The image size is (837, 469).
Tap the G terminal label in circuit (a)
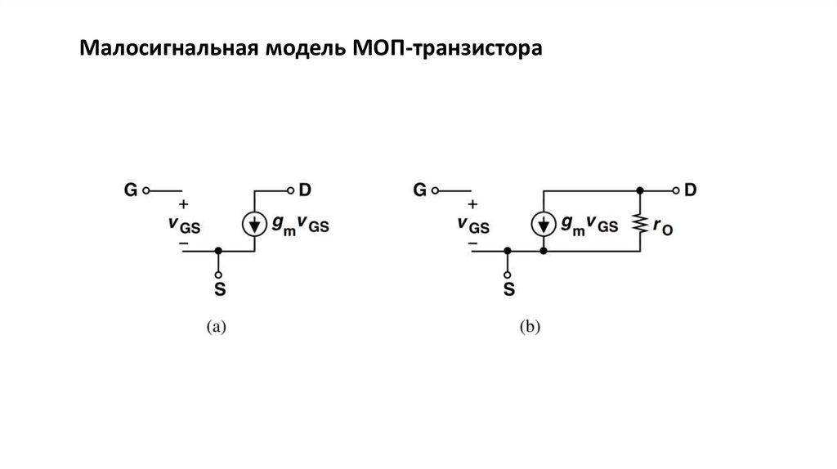(x=131, y=190)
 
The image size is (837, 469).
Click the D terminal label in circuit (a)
(x=304, y=190)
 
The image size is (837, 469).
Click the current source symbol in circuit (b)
(x=544, y=223)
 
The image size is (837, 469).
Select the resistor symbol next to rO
(x=640, y=223)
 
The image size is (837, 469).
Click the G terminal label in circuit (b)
(x=419, y=190)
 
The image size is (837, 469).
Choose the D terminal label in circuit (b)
(x=691, y=190)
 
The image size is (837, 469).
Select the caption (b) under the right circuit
(x=530, y=327)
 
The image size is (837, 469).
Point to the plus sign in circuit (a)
(x=183, y=203)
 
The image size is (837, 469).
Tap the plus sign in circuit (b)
(x=472, y=203)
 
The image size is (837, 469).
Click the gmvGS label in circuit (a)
(x=300, y=226)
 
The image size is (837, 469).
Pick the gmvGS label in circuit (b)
(x=589, y=226)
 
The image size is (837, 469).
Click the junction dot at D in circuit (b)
(x=640, y=190)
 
